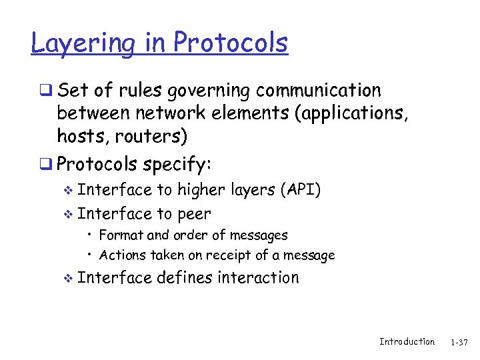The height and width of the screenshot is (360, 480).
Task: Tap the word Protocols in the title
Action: coord(231,42)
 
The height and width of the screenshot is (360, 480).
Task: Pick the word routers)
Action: coord(151,137)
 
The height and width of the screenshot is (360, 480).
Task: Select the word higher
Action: coord(201,191)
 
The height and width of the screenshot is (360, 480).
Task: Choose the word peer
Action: coord(194,214)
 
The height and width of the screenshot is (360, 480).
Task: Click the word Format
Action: coord(121,235)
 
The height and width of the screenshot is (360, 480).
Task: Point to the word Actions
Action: coord(122,255)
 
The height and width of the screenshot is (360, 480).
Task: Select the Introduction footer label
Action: coord(407,341)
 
